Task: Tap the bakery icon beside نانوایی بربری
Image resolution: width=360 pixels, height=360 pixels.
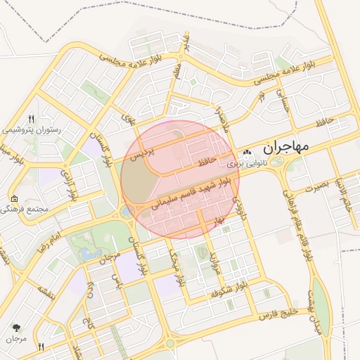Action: (246, 153)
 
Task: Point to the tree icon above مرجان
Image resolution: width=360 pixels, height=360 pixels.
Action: (16, 328)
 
